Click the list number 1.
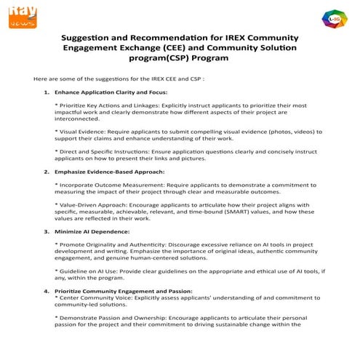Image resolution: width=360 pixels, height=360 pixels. point(47,92)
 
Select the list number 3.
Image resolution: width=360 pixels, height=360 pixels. point(47,231)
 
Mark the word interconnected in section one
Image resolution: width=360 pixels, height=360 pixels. point(77,119)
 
